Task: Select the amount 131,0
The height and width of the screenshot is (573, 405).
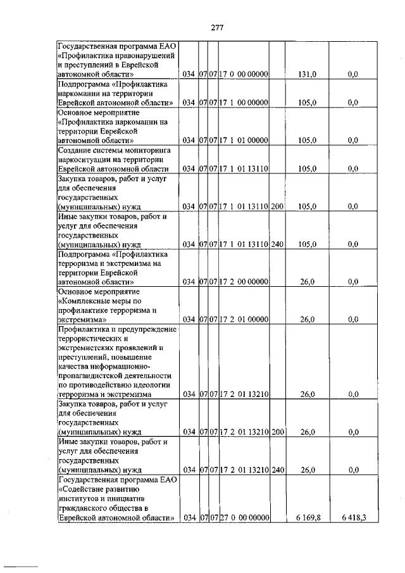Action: tap(306, 74)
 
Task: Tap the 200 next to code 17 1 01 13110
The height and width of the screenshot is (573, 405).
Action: tap(277, 206)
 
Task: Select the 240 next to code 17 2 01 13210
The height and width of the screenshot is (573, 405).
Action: tap(277, 470)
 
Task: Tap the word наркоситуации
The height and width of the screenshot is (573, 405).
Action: tap(87, 160)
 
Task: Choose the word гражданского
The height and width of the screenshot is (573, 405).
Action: tap(86, 508)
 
